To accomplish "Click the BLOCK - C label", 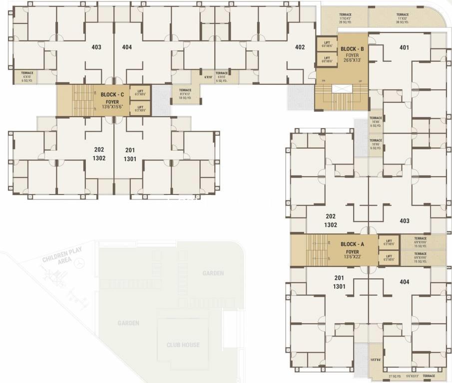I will [112, 94].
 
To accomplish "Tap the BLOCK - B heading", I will [352, 49].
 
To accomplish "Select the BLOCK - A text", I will [352, 244].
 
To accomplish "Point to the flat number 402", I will [300, 47].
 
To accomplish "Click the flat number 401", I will [404, 48].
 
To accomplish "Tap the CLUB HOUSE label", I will [183, 345].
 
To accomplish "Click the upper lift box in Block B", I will [327, 44].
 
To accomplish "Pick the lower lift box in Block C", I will [140, 107].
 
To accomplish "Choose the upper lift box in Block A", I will [388, 242].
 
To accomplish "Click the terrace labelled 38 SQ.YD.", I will [403, 18].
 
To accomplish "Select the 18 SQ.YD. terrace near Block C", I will [185, 94].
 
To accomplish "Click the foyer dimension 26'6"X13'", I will [352, 60].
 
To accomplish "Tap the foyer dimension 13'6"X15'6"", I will [112, 107].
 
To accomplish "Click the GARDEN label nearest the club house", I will [128, 323].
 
